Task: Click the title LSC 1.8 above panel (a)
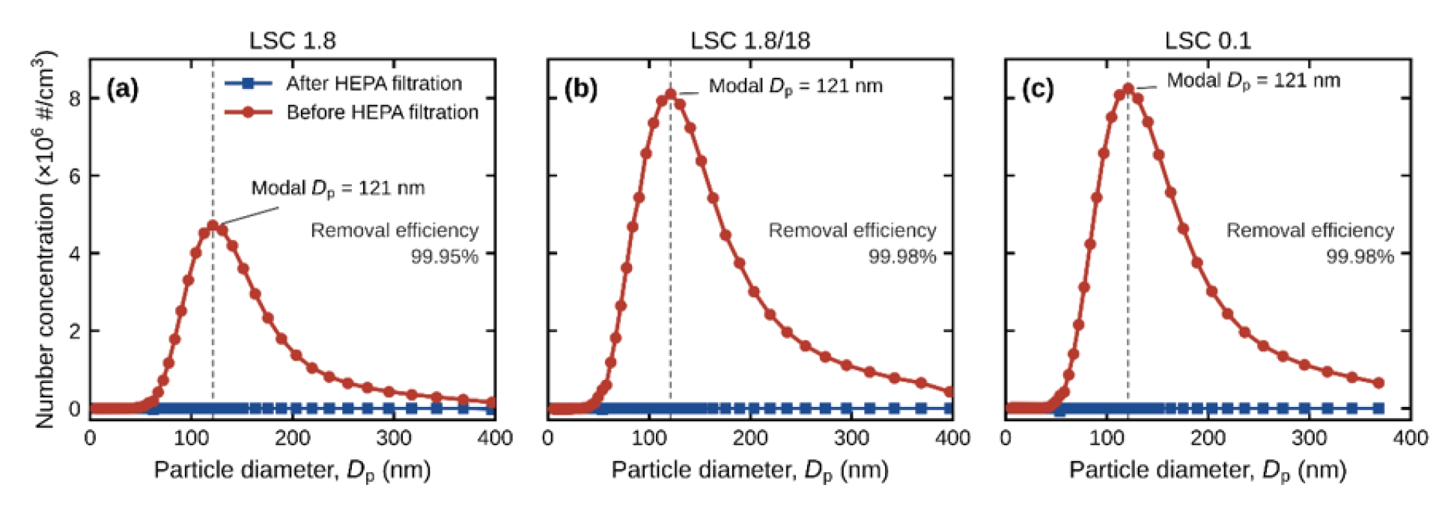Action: coord(292,40)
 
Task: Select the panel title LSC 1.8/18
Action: coord(750,40)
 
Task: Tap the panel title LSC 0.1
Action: coord(1208,40)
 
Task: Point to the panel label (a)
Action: coord(123,89)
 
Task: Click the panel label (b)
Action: coord(580,89)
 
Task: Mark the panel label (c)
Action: coord(1038,89)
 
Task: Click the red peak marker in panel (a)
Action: coord(213,225)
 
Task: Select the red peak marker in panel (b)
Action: coord(671,94)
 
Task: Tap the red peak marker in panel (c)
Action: coord(1128,89)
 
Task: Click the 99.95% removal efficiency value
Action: coord(444,257)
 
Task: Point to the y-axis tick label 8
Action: coord(75,99)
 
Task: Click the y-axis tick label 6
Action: coord(75,176)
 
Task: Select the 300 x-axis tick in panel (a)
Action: coord(394,438)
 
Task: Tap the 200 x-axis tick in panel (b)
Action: coord(750,438)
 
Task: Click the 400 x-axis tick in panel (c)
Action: coord(1411,438)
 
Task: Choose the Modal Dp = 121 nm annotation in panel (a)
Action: coord(338,189)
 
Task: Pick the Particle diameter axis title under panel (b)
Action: coord(750,471)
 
